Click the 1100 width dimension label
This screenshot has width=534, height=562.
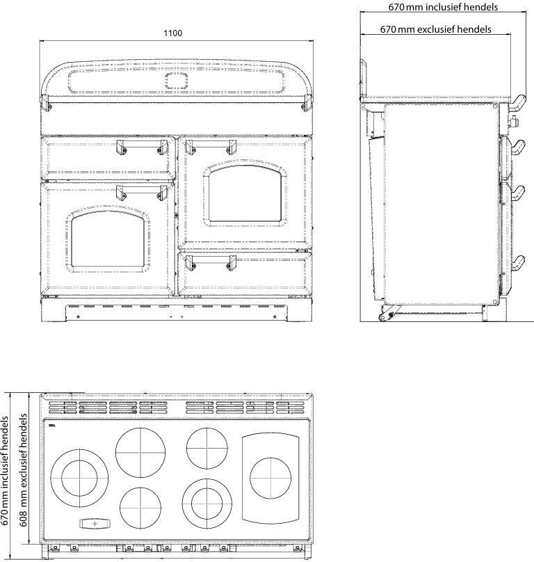172,33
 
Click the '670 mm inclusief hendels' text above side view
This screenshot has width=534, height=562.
443,7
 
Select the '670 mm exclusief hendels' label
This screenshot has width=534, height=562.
435,29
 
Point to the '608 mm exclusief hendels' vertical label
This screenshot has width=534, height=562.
23,470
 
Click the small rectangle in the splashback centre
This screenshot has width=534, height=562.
177,81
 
